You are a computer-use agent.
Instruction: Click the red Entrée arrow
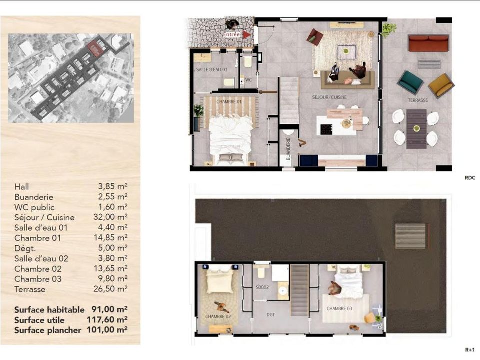[x=246, y=35]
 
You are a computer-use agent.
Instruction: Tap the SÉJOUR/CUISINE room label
[x=329, y=97]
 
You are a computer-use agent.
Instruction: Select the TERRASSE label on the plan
[x=418, y=100]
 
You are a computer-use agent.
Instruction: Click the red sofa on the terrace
[x=428, y=43]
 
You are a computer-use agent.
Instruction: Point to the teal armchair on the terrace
[x=410, y=81]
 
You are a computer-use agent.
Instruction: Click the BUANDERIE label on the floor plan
[x=288, y=149]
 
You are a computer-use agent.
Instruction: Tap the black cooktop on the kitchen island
[x=326, y=129]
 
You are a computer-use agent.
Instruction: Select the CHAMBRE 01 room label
[x=229, y=102]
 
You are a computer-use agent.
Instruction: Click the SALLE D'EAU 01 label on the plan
[x=212, y=70]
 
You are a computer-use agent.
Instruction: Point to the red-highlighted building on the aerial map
[x=94, y=48]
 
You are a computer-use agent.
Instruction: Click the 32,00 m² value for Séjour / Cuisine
[x=110, y=217]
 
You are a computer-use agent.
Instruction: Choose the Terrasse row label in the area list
[x=30, y=289]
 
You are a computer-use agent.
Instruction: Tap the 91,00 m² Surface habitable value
[x=109, y=309]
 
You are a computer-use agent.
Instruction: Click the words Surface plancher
[x=48, y=330]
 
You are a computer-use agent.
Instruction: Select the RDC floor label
[x=470, y=178]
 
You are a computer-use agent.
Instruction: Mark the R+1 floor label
[x=470, y=350]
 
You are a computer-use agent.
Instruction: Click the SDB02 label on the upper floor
[x=262, y=287]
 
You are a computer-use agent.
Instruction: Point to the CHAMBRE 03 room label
[x=339, y=309]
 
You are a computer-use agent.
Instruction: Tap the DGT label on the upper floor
[x=271, y=314]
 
